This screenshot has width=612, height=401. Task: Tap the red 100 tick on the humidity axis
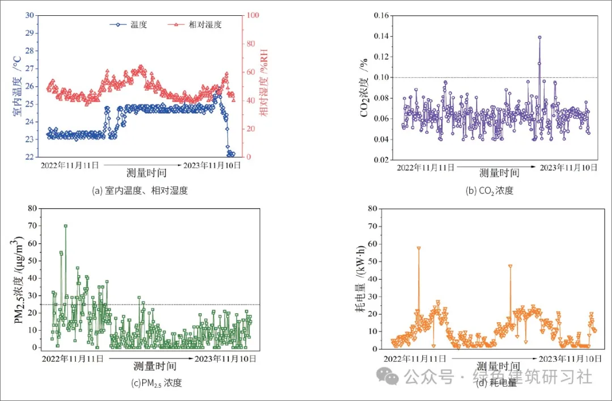[x=254, y=15]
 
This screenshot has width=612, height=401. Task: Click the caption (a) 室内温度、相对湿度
[x=139, y=191]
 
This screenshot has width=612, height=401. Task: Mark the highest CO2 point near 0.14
[x=539, y=37]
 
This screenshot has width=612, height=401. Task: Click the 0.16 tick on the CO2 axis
[x=382, y=15]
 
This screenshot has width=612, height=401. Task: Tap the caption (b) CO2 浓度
[x=490, y=191]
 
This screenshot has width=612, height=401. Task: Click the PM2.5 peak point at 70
[x=66, y=226]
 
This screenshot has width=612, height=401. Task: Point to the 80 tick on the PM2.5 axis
[x=30, y=208]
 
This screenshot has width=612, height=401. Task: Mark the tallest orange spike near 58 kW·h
[x=419, y=248]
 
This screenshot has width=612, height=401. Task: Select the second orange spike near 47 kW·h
[x=510, y=266]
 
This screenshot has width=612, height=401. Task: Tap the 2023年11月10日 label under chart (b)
[x=568, y=167]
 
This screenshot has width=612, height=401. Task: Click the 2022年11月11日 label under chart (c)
[x=73, y=358]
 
